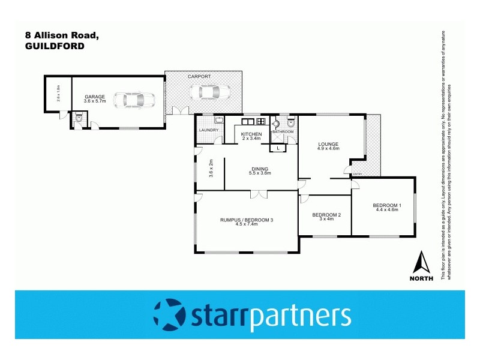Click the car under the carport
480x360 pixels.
(x=209, y=92)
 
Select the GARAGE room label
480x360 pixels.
(x=94, y=96)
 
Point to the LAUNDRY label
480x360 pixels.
(x=208, y=130)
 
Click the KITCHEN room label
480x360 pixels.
(x=251, y=134)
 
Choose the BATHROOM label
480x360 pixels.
(x=283, y=131)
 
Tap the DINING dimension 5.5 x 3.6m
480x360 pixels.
(x=260, y=173)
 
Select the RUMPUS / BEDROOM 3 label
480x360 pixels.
(x=247, y=220)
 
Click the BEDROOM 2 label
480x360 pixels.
(x=326, y=215)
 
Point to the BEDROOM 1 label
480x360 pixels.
(x=388, y=205)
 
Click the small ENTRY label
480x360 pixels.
(x=358, y=174)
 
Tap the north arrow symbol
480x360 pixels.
(x=423, y=262)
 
